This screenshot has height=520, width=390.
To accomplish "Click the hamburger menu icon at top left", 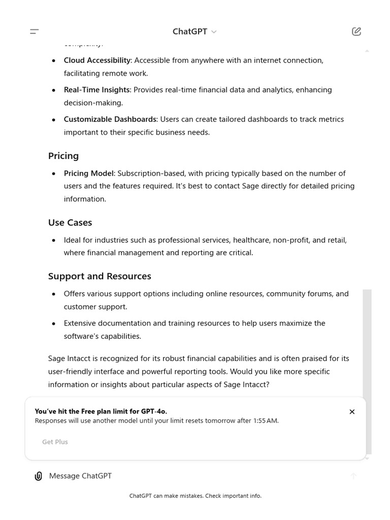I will point(35,31).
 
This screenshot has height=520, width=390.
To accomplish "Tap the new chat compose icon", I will point(356,31).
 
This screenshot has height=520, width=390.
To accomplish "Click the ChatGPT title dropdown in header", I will point(194,31).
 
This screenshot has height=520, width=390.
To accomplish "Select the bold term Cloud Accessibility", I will point(97,60).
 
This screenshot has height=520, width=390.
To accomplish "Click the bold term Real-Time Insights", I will point(96,90).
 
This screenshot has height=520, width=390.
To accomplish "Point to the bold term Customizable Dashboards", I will point(110,119).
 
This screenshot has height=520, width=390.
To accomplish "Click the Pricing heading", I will point(63,156).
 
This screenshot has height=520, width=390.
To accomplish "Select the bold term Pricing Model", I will point(89,173).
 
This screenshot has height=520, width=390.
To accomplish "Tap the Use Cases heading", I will point(70,222).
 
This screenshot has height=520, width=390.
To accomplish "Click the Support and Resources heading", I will point(100,276).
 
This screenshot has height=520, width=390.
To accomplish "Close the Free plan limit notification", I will point(352,412).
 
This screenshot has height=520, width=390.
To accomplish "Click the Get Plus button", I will point(55,442).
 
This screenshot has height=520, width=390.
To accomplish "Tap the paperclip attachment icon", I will point(38,476).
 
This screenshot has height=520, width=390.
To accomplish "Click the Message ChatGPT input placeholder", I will point(80,476).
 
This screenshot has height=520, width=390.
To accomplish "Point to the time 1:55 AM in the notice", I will point(266,421).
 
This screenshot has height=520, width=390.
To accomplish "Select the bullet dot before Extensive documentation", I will point(54,323).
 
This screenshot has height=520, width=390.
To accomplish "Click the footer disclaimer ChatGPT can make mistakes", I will point(195,496).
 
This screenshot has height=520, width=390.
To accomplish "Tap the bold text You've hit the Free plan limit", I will point(101,411).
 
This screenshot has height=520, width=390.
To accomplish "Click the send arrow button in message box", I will point(353,476).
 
